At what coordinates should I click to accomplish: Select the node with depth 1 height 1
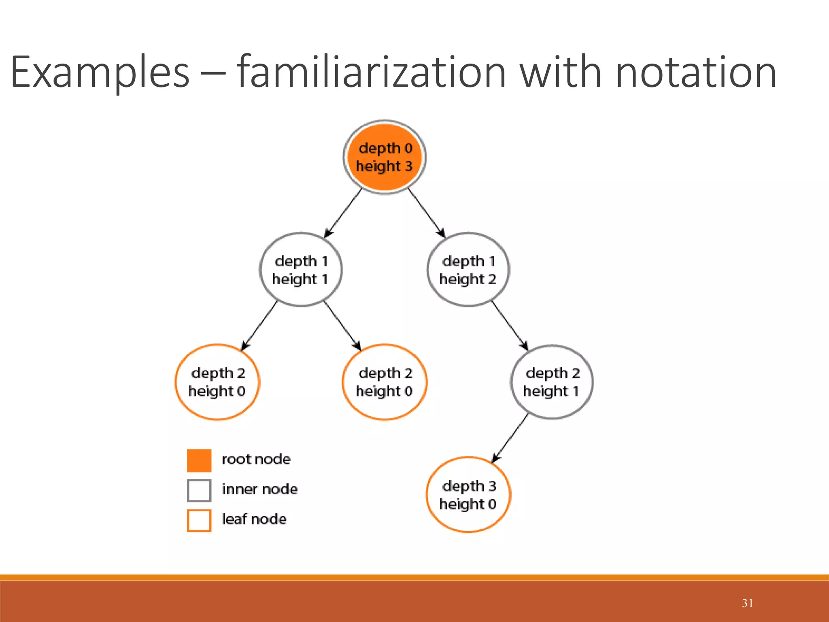coord(300,270)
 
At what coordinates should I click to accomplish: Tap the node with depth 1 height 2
coord(468,270)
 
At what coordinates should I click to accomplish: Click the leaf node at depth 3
coord(468,494)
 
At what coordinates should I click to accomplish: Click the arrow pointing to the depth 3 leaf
coord(510,439)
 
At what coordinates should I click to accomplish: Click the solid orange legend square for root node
coord(199,460)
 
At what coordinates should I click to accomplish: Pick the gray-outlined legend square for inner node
coord(199,490)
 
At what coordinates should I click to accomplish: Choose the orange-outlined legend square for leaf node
coord(199,520)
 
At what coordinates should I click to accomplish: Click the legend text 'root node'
coord(256,459)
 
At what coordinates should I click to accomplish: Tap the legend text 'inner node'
coord(259,489)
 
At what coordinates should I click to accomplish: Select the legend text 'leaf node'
coord(254,519)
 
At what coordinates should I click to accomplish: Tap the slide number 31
coord(747,603)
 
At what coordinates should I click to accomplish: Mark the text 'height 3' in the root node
coord(384,166)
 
